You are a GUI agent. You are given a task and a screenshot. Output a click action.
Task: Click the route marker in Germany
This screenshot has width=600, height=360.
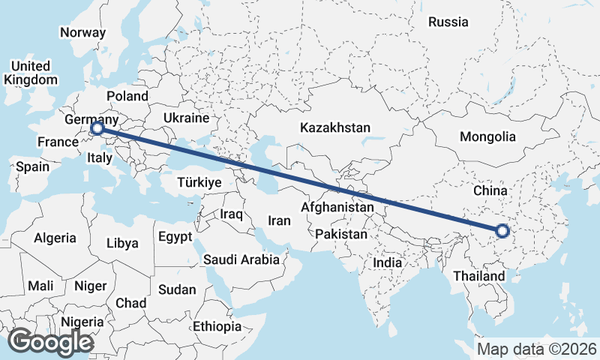tap(97, 129)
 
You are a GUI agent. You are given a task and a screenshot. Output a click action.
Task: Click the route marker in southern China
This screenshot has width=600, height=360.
tap(502, 232)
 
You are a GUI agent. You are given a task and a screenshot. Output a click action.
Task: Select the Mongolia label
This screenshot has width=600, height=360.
tap(488, 136)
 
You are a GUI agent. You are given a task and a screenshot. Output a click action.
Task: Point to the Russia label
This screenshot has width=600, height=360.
tap(448, 22)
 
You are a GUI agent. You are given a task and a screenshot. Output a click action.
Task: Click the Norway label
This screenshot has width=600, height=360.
tap(82, 32)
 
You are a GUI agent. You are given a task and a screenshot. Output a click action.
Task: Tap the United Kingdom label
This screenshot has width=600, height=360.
tap(31, 73)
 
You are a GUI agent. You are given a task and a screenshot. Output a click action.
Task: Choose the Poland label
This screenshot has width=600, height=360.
tap(127, 96)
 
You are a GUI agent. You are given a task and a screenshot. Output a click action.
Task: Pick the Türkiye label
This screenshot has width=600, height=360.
tap(199, 182)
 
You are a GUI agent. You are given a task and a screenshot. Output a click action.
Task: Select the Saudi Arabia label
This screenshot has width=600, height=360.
tap(241, 259)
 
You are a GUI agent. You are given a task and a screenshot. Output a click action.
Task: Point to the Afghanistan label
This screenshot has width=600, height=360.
tap(337, 206)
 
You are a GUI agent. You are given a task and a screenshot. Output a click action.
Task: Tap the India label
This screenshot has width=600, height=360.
tap(388, 263)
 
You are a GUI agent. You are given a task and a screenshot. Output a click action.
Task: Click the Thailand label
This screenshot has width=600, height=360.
tap(479, 276)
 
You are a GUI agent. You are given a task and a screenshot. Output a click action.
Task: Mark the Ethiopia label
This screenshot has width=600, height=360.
tap(217, 326)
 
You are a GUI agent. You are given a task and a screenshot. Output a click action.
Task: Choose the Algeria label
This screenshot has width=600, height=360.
tap(55, 238)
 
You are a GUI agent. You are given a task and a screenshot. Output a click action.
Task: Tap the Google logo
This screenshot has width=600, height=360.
tap(50, 341)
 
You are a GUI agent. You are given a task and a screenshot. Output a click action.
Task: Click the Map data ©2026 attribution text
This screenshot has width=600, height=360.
tap(537, 349)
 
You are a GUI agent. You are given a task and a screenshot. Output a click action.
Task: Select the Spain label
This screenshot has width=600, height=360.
tap(32, 166)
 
